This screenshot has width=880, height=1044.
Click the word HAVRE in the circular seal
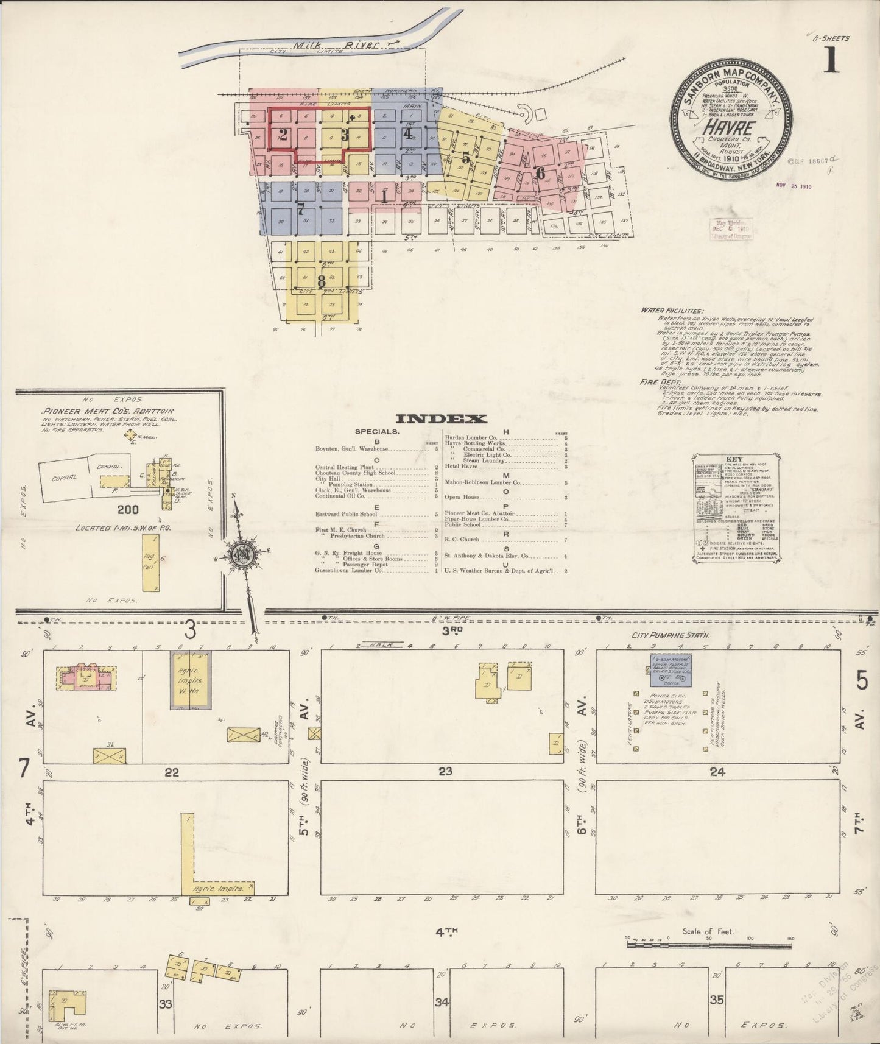(x=731, y=128)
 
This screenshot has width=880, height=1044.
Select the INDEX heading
(x=441, y=418)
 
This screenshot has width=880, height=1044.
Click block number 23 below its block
(x=445, y=772)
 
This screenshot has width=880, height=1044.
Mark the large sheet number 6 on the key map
(x=540, y=172)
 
